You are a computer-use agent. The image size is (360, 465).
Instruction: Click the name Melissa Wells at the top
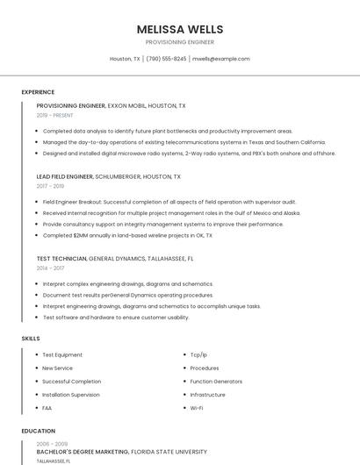click(179, 29)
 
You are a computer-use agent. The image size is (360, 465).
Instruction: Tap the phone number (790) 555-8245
click(166, 59)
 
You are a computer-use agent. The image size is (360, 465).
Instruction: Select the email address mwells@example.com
click(220, 59)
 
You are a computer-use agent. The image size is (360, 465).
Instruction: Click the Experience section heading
click(38, 92)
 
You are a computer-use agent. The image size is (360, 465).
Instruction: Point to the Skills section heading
click(31, 338)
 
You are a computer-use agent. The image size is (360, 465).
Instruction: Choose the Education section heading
click(39, 431)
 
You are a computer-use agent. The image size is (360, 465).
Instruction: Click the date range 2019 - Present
click(55, 115)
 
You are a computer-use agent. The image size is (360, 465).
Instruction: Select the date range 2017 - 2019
click(50, 186)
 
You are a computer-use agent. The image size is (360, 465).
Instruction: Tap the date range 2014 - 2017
click(50, 268)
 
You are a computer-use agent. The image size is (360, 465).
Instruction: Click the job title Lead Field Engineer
click(64, 176)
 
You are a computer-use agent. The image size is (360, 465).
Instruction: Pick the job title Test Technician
click(61, 258)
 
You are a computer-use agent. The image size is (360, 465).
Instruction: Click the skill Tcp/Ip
click(198, 354)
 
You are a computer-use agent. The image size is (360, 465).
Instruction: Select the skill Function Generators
click(216, 381)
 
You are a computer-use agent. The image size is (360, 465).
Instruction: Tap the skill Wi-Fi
click(197, 407)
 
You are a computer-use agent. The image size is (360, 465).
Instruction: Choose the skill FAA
click(47, 407)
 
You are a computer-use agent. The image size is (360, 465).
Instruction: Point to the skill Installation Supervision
click(71, 394)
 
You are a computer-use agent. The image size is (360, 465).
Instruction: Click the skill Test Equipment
click(62, 354)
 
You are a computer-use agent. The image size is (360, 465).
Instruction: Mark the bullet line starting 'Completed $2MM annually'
click(127, 235)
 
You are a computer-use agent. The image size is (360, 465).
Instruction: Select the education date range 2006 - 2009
click(50, 444)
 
